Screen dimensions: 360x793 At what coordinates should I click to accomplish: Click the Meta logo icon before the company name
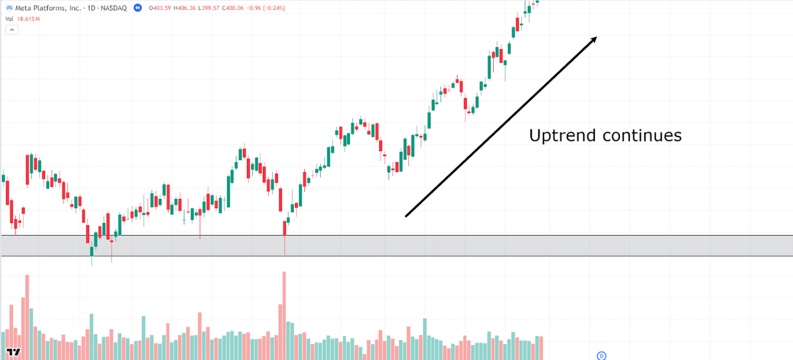tap(9, 8)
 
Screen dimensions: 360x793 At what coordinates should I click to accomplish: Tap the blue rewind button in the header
tap(137, 8)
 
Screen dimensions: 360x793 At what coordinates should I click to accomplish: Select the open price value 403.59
tap(163, 8)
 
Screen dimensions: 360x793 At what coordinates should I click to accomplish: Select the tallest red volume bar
tap(283, 315)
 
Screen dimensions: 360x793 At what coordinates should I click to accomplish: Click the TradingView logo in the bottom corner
tap(14, 352)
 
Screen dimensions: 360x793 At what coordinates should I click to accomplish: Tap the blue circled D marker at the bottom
tap(601, 355)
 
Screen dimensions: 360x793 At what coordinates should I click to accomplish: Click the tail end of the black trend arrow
tap(407, 216)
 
